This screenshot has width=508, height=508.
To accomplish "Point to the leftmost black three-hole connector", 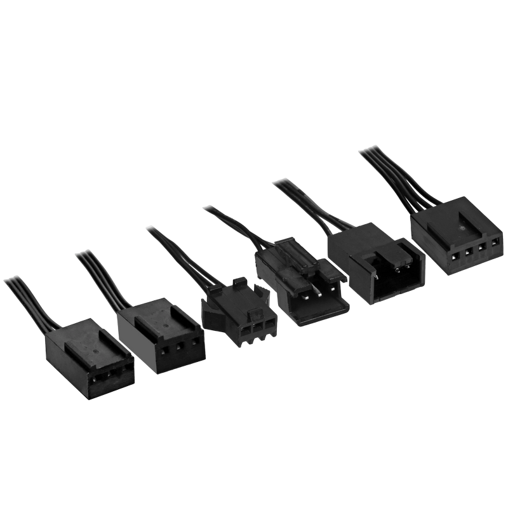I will [88, 359].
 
